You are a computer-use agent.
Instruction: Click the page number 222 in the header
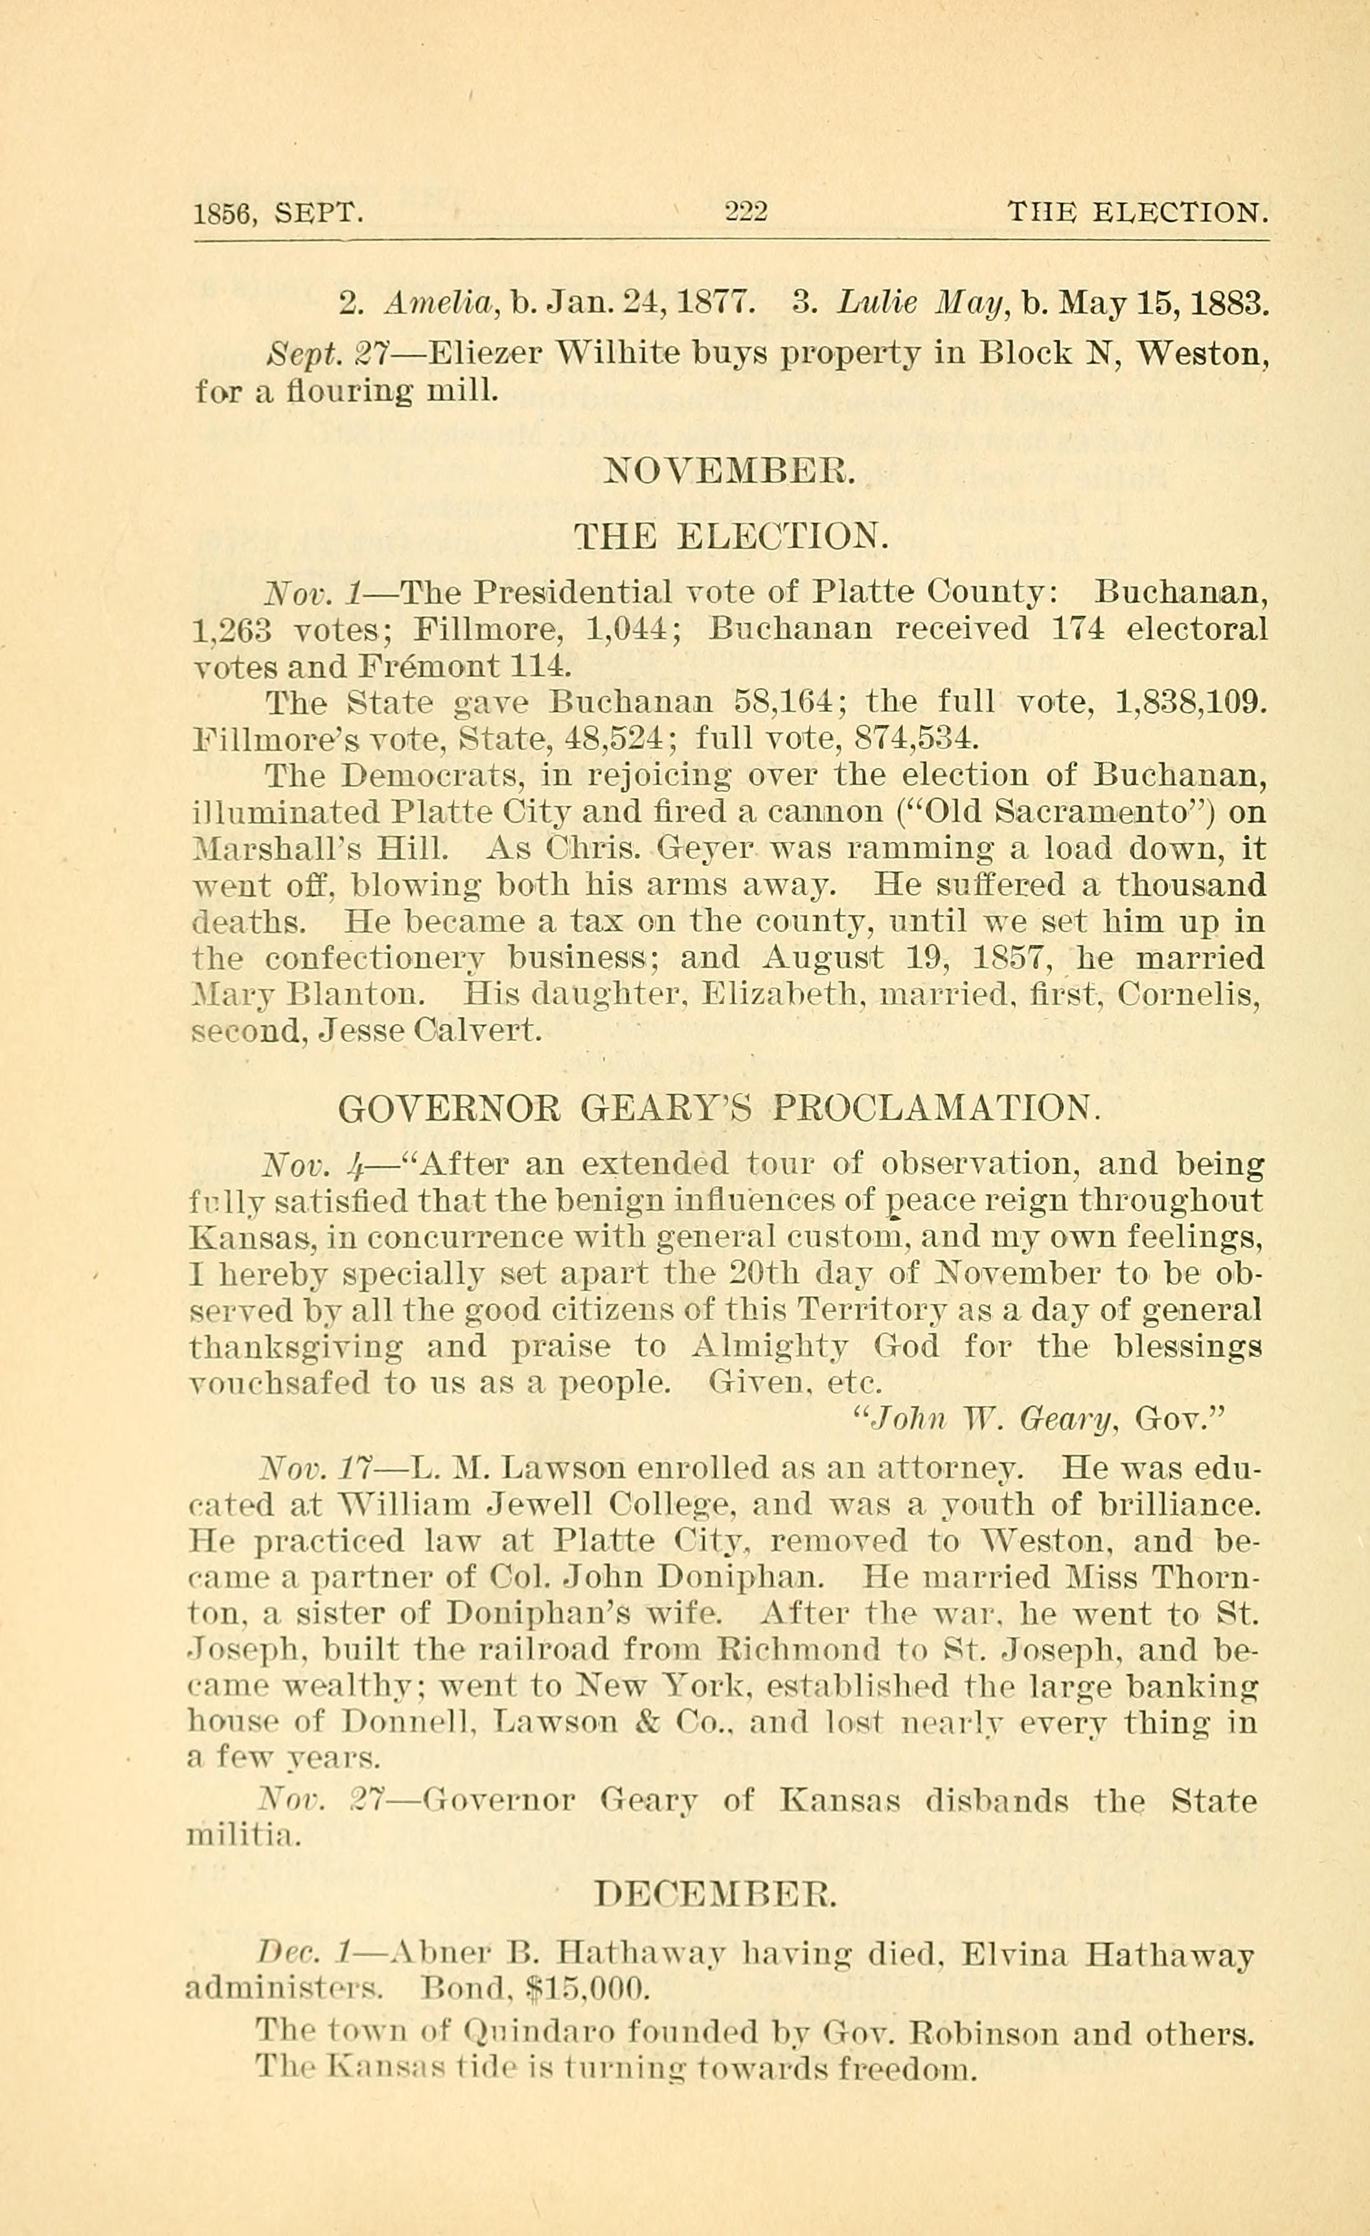tap(746, 213)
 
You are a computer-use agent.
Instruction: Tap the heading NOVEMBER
tap(729, 473)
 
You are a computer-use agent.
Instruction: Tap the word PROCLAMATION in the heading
tap(935, 1108)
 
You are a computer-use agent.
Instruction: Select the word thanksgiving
tap(297, 1347)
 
